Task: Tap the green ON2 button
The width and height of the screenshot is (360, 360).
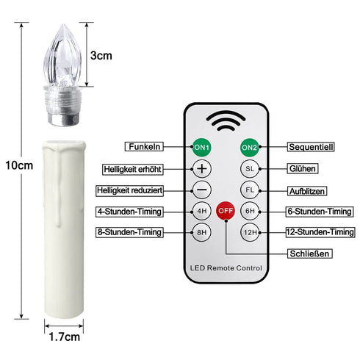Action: [250, 147]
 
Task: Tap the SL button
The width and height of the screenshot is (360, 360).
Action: [250, 168]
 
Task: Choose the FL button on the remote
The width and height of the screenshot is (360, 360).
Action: [250, 190]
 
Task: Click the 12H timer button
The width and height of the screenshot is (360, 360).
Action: [250, 233]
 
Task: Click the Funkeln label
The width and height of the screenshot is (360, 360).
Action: [144, 146]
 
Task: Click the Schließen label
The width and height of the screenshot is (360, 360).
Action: [309, 254]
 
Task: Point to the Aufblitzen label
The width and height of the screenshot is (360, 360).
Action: [307, 190]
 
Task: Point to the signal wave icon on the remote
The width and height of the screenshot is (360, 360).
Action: [226, 120]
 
